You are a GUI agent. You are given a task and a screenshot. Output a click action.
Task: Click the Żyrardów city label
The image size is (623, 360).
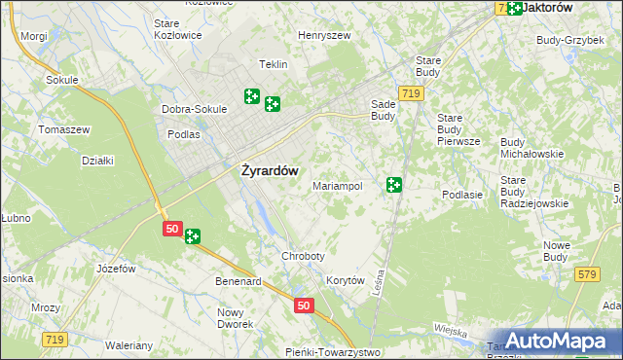coord(270,168)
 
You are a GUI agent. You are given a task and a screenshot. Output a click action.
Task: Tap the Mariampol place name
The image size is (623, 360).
coord(338,185)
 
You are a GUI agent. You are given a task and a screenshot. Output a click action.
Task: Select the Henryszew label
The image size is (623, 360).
coord(324,35)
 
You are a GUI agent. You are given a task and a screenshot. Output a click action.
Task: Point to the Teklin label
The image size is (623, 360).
coord(273,64)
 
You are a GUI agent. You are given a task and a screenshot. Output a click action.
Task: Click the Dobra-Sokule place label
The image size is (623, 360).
coord(194,109)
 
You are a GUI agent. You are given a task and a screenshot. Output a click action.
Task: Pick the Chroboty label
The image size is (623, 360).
coord(303,256)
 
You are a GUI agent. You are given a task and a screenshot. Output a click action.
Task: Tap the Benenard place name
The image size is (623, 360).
coord(238,281)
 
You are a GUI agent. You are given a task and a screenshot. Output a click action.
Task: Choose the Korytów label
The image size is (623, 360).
coord(346,280)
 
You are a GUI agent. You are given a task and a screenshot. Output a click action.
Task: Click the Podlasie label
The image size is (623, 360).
coord(462,195)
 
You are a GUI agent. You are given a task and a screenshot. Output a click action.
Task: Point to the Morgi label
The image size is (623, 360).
coord(33,36)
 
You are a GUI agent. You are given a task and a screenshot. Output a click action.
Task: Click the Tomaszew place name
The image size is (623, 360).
coord(63,129)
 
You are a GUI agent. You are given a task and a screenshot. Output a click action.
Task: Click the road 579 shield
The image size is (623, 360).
coord(585,275)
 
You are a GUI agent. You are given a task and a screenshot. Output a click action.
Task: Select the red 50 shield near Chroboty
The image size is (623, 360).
coord(304,306)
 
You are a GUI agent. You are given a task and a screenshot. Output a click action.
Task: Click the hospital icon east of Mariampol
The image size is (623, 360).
coord(394,184)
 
